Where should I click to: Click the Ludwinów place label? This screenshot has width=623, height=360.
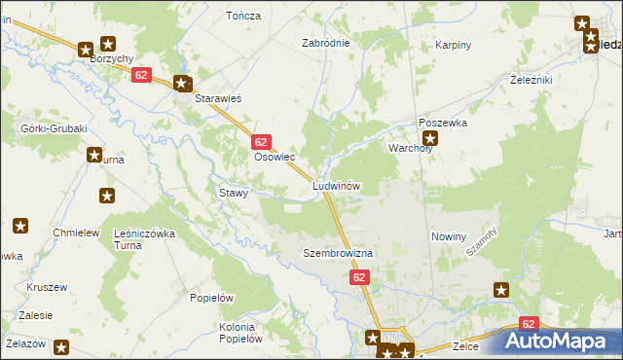pyautogui.click(x=337, y=185)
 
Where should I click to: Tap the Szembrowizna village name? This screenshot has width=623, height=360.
pyautogui.click(x=338, y=253)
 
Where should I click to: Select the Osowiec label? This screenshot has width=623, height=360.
pyautogui.click(x=274, y=157)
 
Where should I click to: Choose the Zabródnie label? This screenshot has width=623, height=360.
pyautogui.click(x=325, y=44)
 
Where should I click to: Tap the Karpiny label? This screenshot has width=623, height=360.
pyautogui.click(x=453, y=45)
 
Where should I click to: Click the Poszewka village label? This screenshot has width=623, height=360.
pyautogui.click(x=443, y=124)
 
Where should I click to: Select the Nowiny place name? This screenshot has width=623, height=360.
pyautogui.click(x=449, y=236)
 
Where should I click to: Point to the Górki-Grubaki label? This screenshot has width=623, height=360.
pyautogui.click(x=55, y=128)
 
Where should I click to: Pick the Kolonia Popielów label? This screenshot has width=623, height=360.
pyautogui.click(x=242, y=333)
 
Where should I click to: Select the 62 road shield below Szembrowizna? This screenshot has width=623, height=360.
pyautogui.click(x=359, y=278)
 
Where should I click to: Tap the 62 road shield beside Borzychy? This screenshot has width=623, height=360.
pyautogui.click(x=142, y=75)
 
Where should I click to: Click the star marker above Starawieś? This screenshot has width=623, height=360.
pyautogui.click(x=181, y=83)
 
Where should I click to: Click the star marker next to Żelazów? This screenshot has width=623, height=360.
pyautogui.click(x=61, y=346)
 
